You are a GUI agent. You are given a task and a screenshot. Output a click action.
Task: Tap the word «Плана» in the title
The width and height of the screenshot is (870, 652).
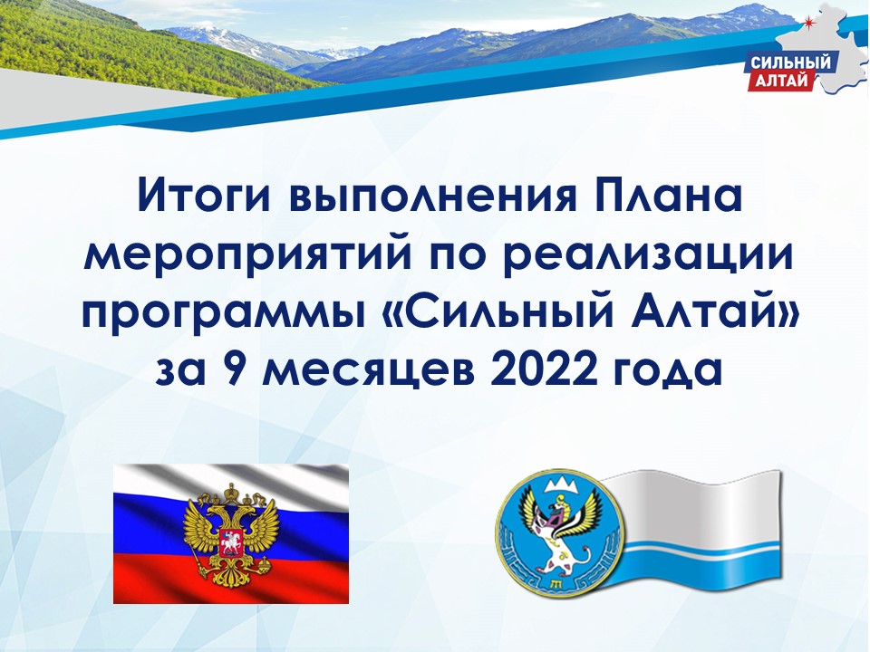point(668,195)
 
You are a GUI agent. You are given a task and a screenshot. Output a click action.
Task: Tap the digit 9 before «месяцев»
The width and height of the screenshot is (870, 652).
point(237,369)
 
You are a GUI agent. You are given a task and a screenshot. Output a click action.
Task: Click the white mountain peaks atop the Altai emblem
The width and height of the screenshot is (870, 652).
point(560,484)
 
